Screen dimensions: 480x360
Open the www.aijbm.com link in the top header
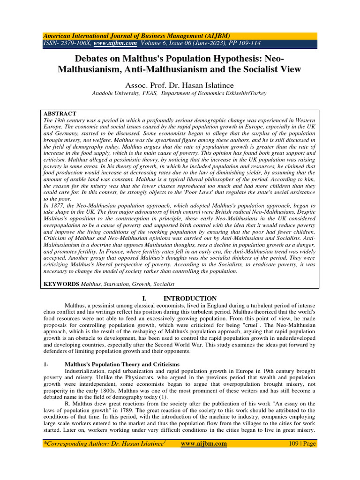click(x=115, y=43)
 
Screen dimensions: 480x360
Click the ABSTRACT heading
click(x=60, y=114)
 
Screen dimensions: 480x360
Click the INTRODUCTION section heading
click(x=190, y=299)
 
